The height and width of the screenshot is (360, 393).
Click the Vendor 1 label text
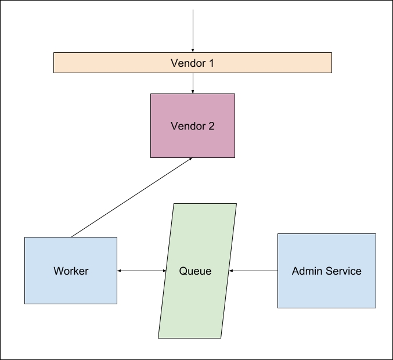[x=192, y=63]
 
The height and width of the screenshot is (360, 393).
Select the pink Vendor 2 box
[x=193, y=142]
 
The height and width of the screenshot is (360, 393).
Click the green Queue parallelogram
[x=197, y=302]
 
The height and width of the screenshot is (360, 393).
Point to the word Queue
[x=195, y=271]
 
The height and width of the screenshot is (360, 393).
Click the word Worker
[x=71, y=271]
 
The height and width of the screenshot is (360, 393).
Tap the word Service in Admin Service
[x=343, y=271]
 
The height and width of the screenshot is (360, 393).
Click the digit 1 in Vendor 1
[x=211, y=63]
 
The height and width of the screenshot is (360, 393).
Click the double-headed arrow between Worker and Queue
[x=142, y=271]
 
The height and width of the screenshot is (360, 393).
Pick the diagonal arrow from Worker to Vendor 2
[x=131, y=197]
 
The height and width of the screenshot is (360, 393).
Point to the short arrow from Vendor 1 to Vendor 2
[x=193, y=83]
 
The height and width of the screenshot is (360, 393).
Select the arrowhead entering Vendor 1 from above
[x=193, y=50]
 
